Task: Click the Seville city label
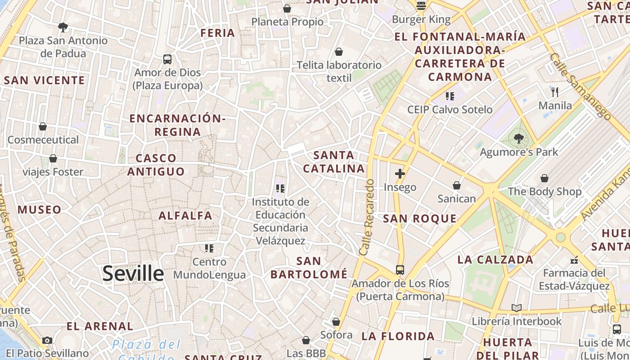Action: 133,274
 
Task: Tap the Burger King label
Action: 421,19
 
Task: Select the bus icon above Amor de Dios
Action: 167,59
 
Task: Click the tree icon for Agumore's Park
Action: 519,139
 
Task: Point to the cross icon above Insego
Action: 400,174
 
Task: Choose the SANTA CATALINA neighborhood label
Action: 333,162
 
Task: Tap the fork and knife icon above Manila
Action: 555,92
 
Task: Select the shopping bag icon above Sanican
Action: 457,185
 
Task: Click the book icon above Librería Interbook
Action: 517,308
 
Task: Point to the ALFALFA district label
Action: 185,216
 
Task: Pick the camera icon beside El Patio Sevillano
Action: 47,340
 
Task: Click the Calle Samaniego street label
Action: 580,86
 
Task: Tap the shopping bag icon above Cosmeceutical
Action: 43,126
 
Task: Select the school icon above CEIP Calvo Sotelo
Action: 450,96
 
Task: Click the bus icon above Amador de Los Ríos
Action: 400,270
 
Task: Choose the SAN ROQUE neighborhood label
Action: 419,219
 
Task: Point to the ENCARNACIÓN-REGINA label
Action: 177,125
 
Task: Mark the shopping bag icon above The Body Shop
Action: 544,178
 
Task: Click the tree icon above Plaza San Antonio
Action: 63,27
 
